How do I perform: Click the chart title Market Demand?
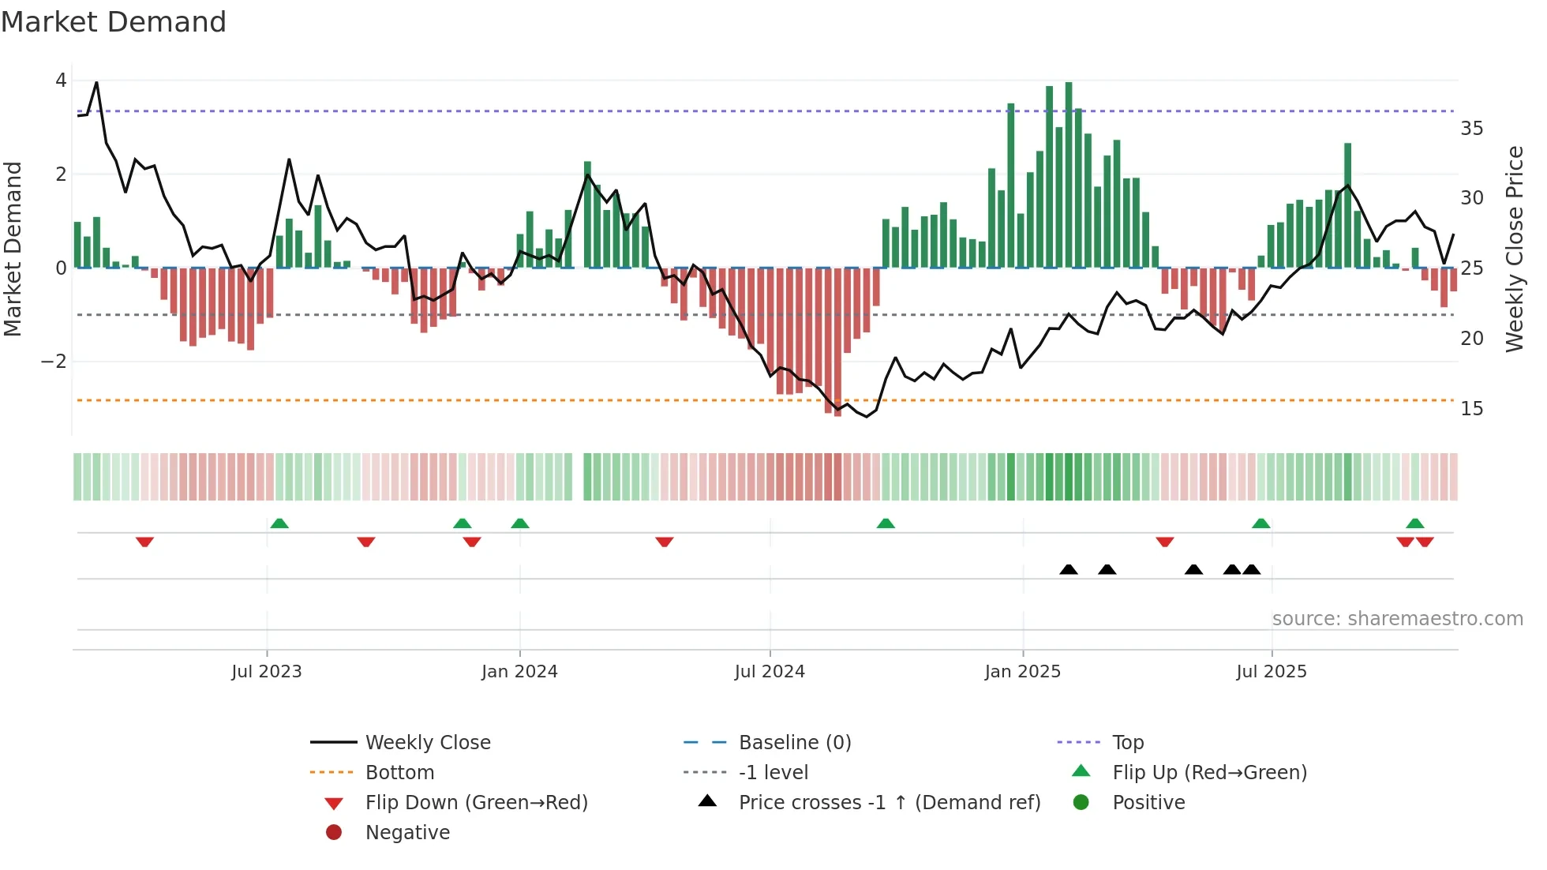[114, 22]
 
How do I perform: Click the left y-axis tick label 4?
[61, 81]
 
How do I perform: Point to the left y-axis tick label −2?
[54, 362]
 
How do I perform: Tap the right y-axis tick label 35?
[1472, 128]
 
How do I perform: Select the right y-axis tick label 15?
[1472, 408]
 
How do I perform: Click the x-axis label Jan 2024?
[519, 671]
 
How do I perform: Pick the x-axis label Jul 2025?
[1272, 671]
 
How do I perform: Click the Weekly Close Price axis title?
[1514, 249]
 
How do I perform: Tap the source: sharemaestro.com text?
[1397, 618]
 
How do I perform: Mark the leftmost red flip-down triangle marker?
[144, 542]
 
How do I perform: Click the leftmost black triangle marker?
[1069, 569]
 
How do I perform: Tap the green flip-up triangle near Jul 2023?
[279, 523]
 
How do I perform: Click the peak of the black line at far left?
[96, 83]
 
